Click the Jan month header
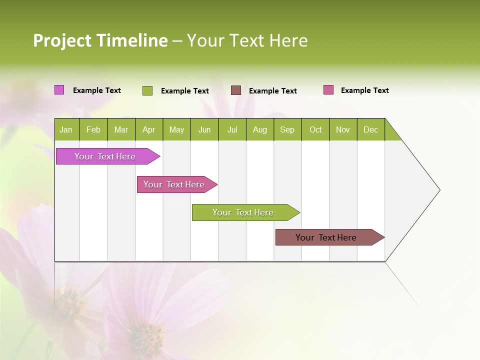66,129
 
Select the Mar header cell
121,129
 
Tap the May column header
176,129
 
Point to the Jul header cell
232,129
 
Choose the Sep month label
287,129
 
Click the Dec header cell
370,129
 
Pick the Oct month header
315,129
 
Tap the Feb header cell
93,129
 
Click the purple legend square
59,90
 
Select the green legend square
147,90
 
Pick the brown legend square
236,90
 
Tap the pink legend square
328,90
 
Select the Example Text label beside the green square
184,91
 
